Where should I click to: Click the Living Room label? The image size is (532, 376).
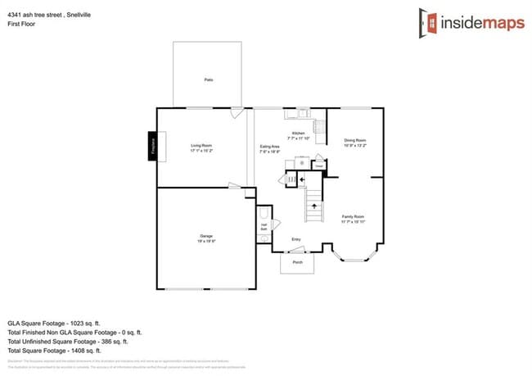[201, 147]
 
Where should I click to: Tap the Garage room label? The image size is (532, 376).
[205, 238]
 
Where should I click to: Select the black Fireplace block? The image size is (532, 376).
[152, 145]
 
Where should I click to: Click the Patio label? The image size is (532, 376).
[208, 80]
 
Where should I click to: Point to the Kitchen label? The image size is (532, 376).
[299, 134]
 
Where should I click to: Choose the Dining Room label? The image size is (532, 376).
[354, 143]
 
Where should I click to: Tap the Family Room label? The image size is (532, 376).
[353, 219]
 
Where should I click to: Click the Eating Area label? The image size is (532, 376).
[270, 147]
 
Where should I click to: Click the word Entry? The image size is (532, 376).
[296, 239]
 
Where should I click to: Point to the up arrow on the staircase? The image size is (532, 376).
[312, 206]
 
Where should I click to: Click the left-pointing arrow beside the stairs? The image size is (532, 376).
[302, 179]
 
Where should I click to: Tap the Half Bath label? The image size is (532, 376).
[264, 225]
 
